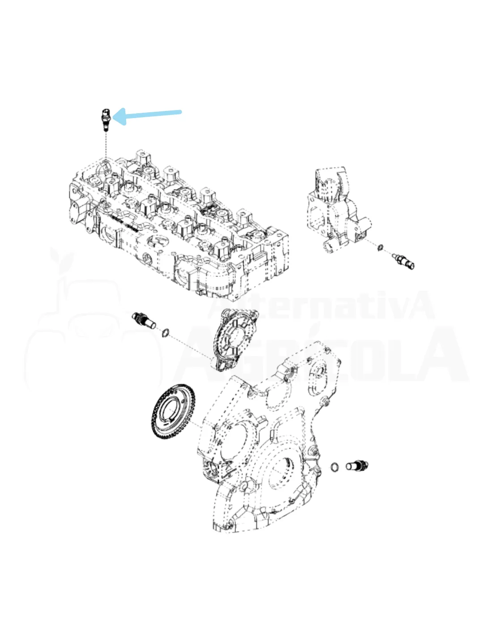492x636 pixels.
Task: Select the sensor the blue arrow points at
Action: tap(105, 120)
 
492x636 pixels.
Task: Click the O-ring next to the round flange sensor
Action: tap(165, 332)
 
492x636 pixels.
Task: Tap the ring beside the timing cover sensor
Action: tap(335, 467)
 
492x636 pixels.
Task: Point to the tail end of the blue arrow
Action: tap(180, 112)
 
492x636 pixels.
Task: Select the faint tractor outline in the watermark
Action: tap(93, 334)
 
